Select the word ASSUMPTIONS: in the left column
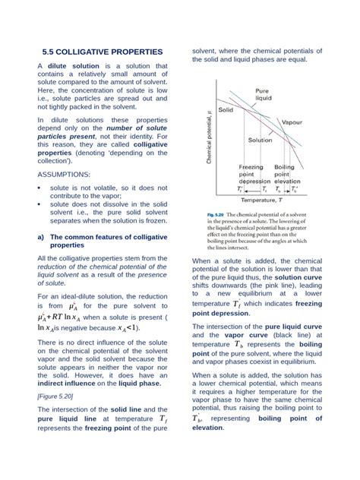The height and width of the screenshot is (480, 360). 64,174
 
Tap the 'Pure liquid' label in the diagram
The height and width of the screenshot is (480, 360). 263,94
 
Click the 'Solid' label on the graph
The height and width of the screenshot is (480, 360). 226,110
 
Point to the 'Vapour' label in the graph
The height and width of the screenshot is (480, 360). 292,122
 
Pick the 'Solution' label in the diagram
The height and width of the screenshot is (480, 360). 261,141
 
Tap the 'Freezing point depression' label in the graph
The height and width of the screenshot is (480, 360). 251,174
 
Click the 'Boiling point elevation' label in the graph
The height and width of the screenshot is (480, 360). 285,174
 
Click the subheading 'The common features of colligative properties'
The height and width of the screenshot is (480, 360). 99,242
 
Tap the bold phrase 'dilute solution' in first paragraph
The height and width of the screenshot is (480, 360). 74,67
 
